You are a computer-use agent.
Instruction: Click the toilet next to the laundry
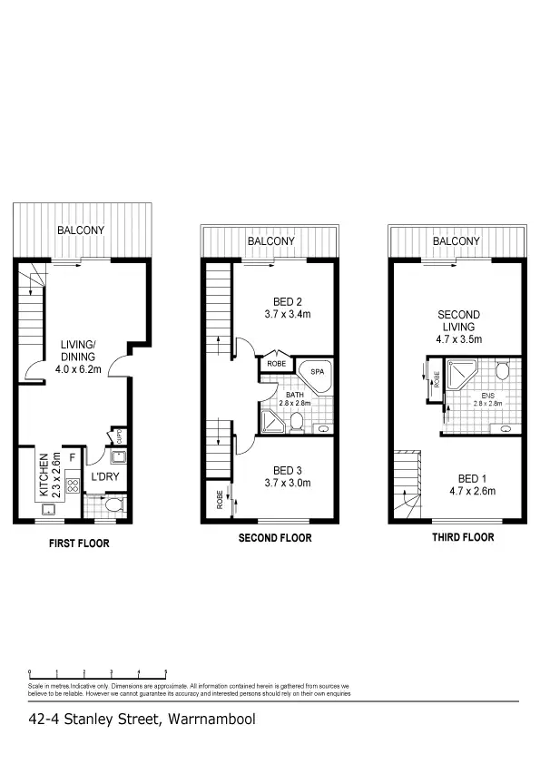click(109, 504)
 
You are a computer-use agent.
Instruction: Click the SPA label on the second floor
click(318, 372)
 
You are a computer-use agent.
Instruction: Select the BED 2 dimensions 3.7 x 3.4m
click(286, 317)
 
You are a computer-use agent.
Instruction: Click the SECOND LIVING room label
click(458, 321)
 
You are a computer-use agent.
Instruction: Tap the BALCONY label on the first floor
click(81, 230)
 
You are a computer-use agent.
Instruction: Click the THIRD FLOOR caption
click(463, 537)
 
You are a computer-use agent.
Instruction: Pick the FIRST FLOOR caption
click(79, 544)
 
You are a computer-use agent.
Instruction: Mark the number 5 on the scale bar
click(165, 672)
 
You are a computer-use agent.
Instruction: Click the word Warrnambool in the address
click(210, 720)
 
